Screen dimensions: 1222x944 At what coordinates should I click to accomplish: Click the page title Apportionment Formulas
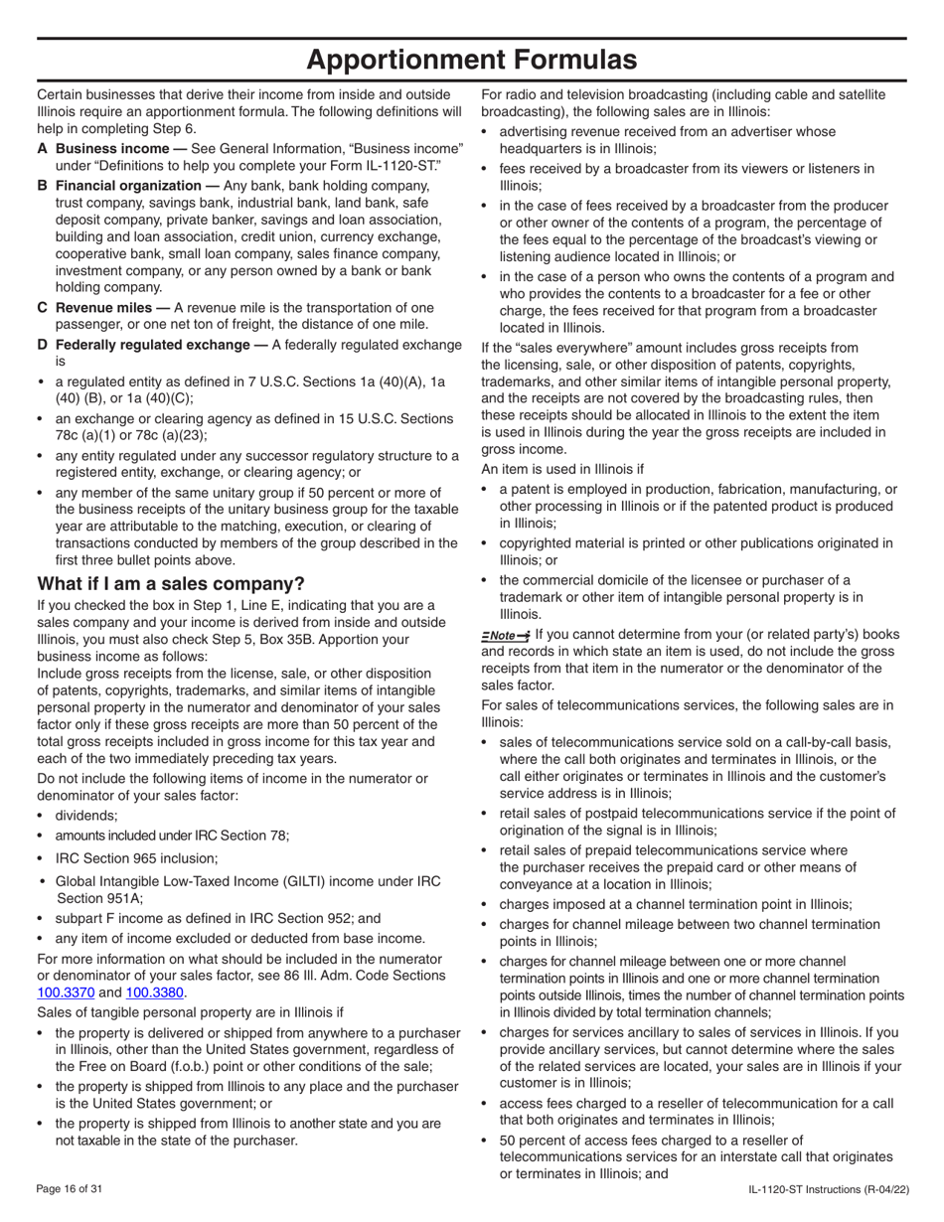coord(472,60)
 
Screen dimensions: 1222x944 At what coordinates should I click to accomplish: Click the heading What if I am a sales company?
coord(171,583)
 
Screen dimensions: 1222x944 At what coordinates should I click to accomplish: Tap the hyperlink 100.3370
coord(66,993)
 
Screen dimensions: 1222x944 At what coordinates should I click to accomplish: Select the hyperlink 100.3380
coord(155,993)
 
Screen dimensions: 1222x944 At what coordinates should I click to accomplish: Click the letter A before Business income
coord(43,147)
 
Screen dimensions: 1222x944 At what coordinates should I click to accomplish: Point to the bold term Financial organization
coord(128,186)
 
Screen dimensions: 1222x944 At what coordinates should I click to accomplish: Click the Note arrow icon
coord(506,635)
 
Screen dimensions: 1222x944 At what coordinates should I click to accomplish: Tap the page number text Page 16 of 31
coord(69,1189)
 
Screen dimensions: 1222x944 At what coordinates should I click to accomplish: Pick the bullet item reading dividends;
coord(86,816)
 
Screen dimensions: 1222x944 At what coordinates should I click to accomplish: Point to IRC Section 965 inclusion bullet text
coord(136,858)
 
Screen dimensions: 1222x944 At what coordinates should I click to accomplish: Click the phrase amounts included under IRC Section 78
coord(172,836)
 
